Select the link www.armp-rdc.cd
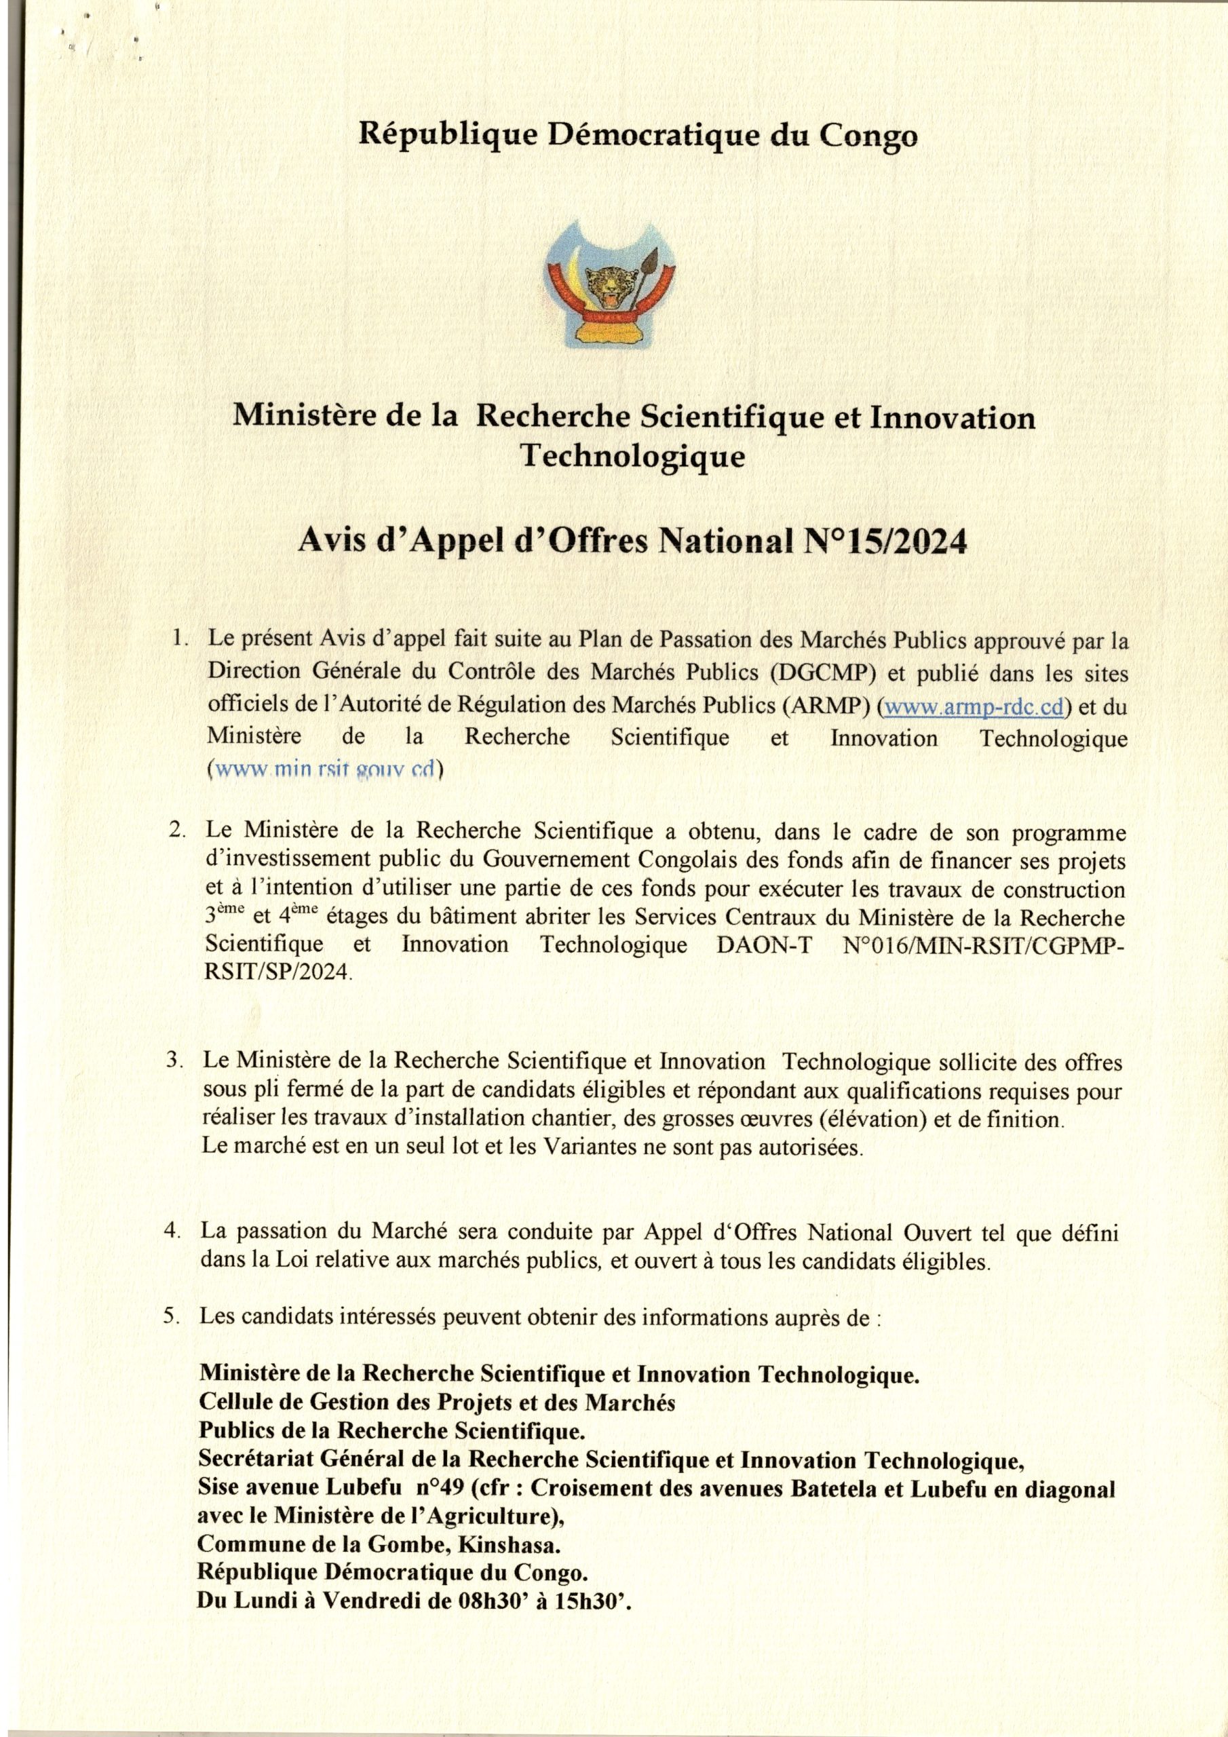pos(974,706)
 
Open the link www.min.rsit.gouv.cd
pos(326,769)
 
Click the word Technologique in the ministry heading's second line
pos(634,456)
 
